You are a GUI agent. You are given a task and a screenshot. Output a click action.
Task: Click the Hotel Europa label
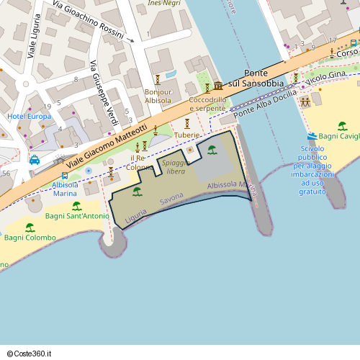tap(30, 116)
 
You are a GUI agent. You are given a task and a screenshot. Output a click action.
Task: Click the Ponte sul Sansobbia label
tap(257, 79)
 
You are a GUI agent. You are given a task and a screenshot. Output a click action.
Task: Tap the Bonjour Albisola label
tap(158, 96)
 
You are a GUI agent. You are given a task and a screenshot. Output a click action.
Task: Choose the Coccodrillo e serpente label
tap(207, 104)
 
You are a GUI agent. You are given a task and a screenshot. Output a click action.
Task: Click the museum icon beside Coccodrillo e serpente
tap(218, 86)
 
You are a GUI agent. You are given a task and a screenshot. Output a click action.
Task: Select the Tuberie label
tap(186, 135)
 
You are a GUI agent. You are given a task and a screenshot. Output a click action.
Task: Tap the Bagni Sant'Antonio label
tap(77, 216)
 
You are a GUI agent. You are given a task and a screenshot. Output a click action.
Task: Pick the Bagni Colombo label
tap(29, 238)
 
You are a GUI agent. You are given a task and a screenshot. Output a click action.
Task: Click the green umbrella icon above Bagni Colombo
tap(30, 227)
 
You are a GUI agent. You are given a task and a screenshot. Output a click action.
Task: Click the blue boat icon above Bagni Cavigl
tap(312, 136)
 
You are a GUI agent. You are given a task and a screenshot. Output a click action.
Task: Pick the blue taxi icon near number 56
tap(34, 160)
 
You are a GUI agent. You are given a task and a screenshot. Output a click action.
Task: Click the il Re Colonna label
tap(140, 162)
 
